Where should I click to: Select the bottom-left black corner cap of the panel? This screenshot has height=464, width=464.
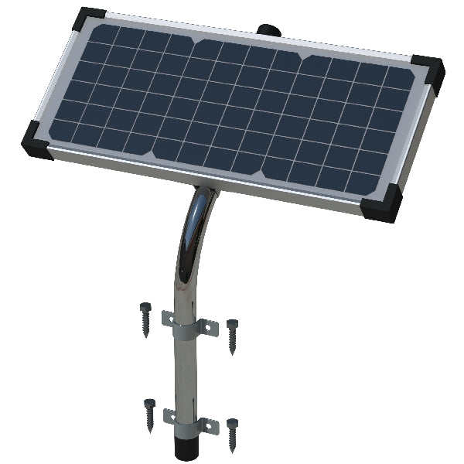[38, 140]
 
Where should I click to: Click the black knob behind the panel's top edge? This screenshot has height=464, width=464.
[268, 30]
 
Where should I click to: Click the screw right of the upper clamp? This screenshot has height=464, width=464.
[232, 335]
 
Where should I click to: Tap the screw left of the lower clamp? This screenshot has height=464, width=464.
[148, 412]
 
